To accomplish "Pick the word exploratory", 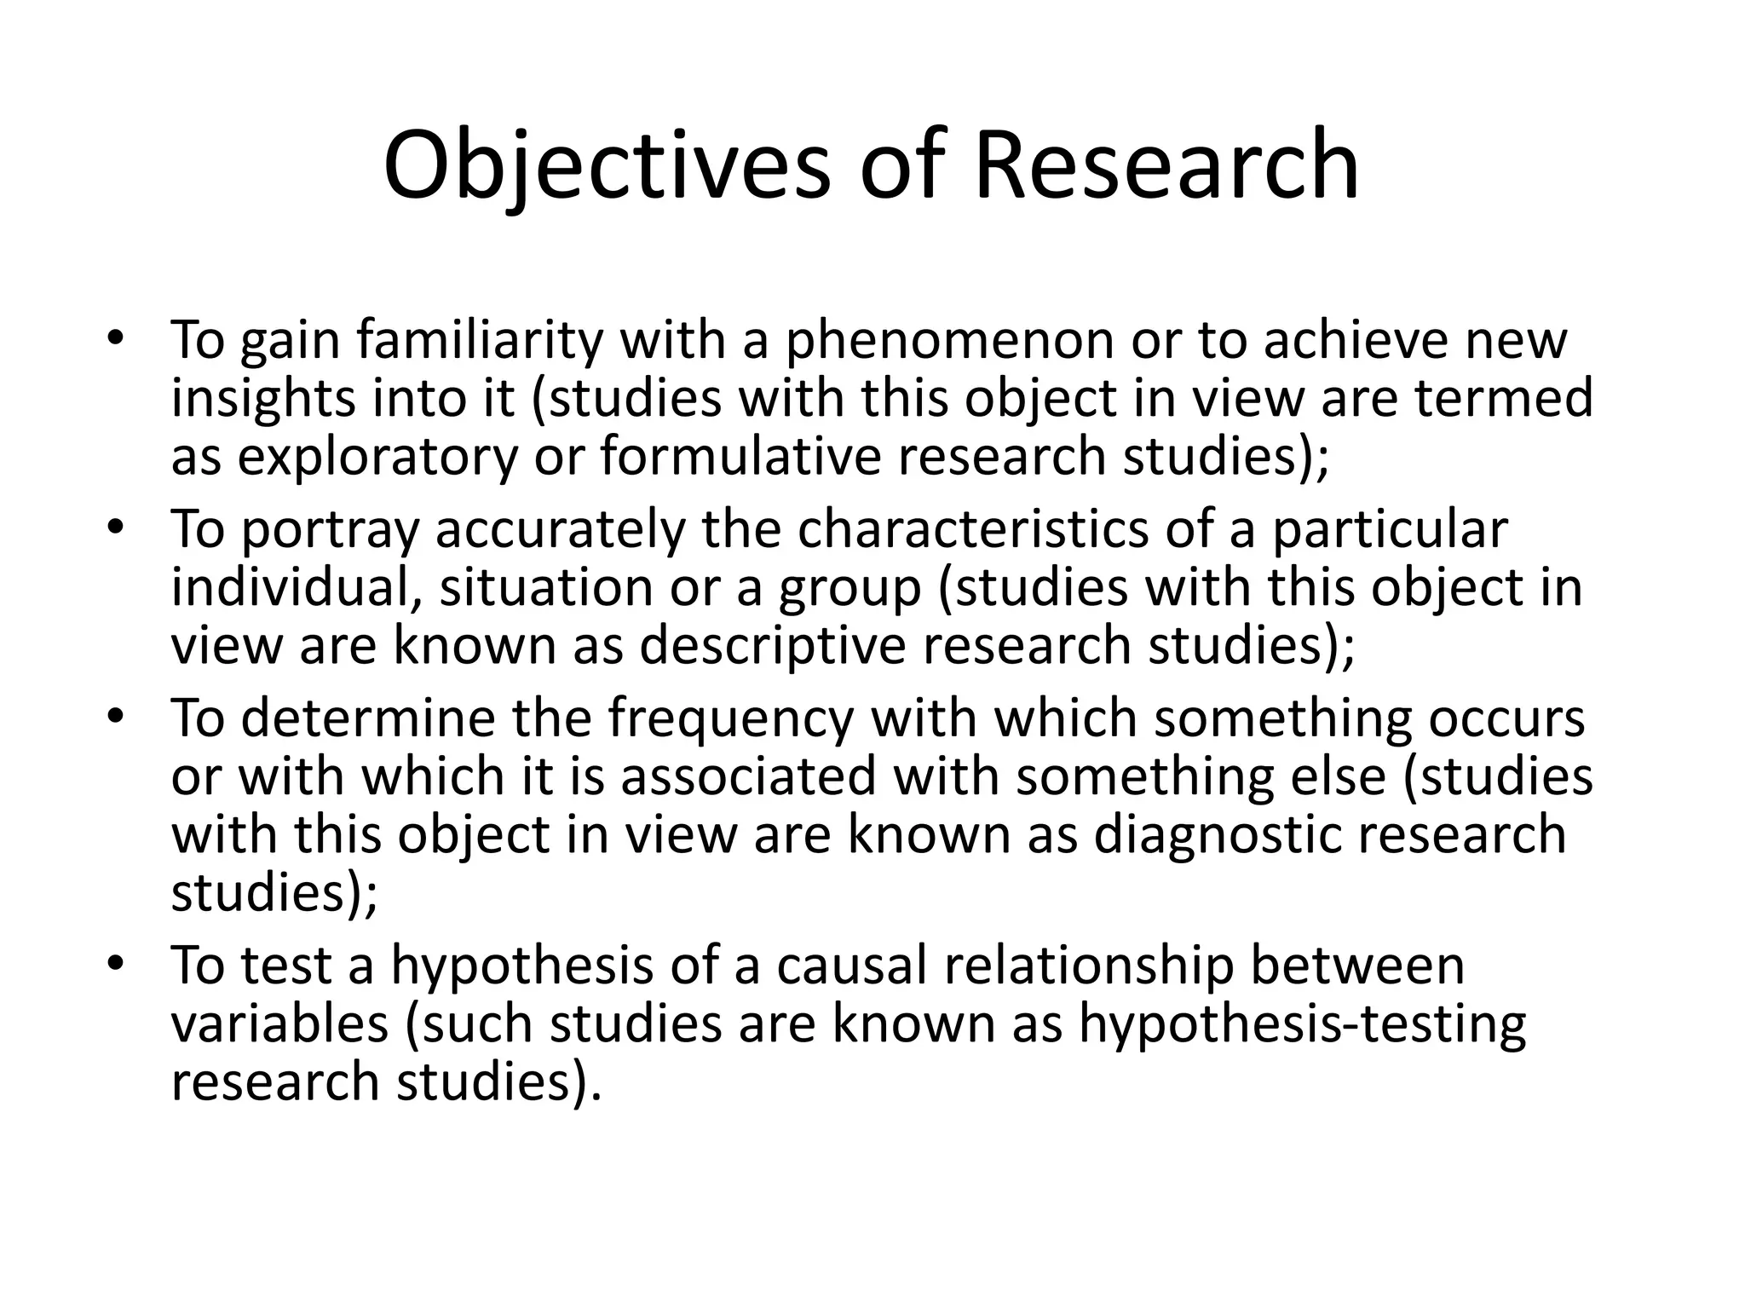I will click(x=377, y=457).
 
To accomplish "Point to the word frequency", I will click(x=729, y=719).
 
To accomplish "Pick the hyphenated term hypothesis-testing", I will click(x=1302, y=1025).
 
